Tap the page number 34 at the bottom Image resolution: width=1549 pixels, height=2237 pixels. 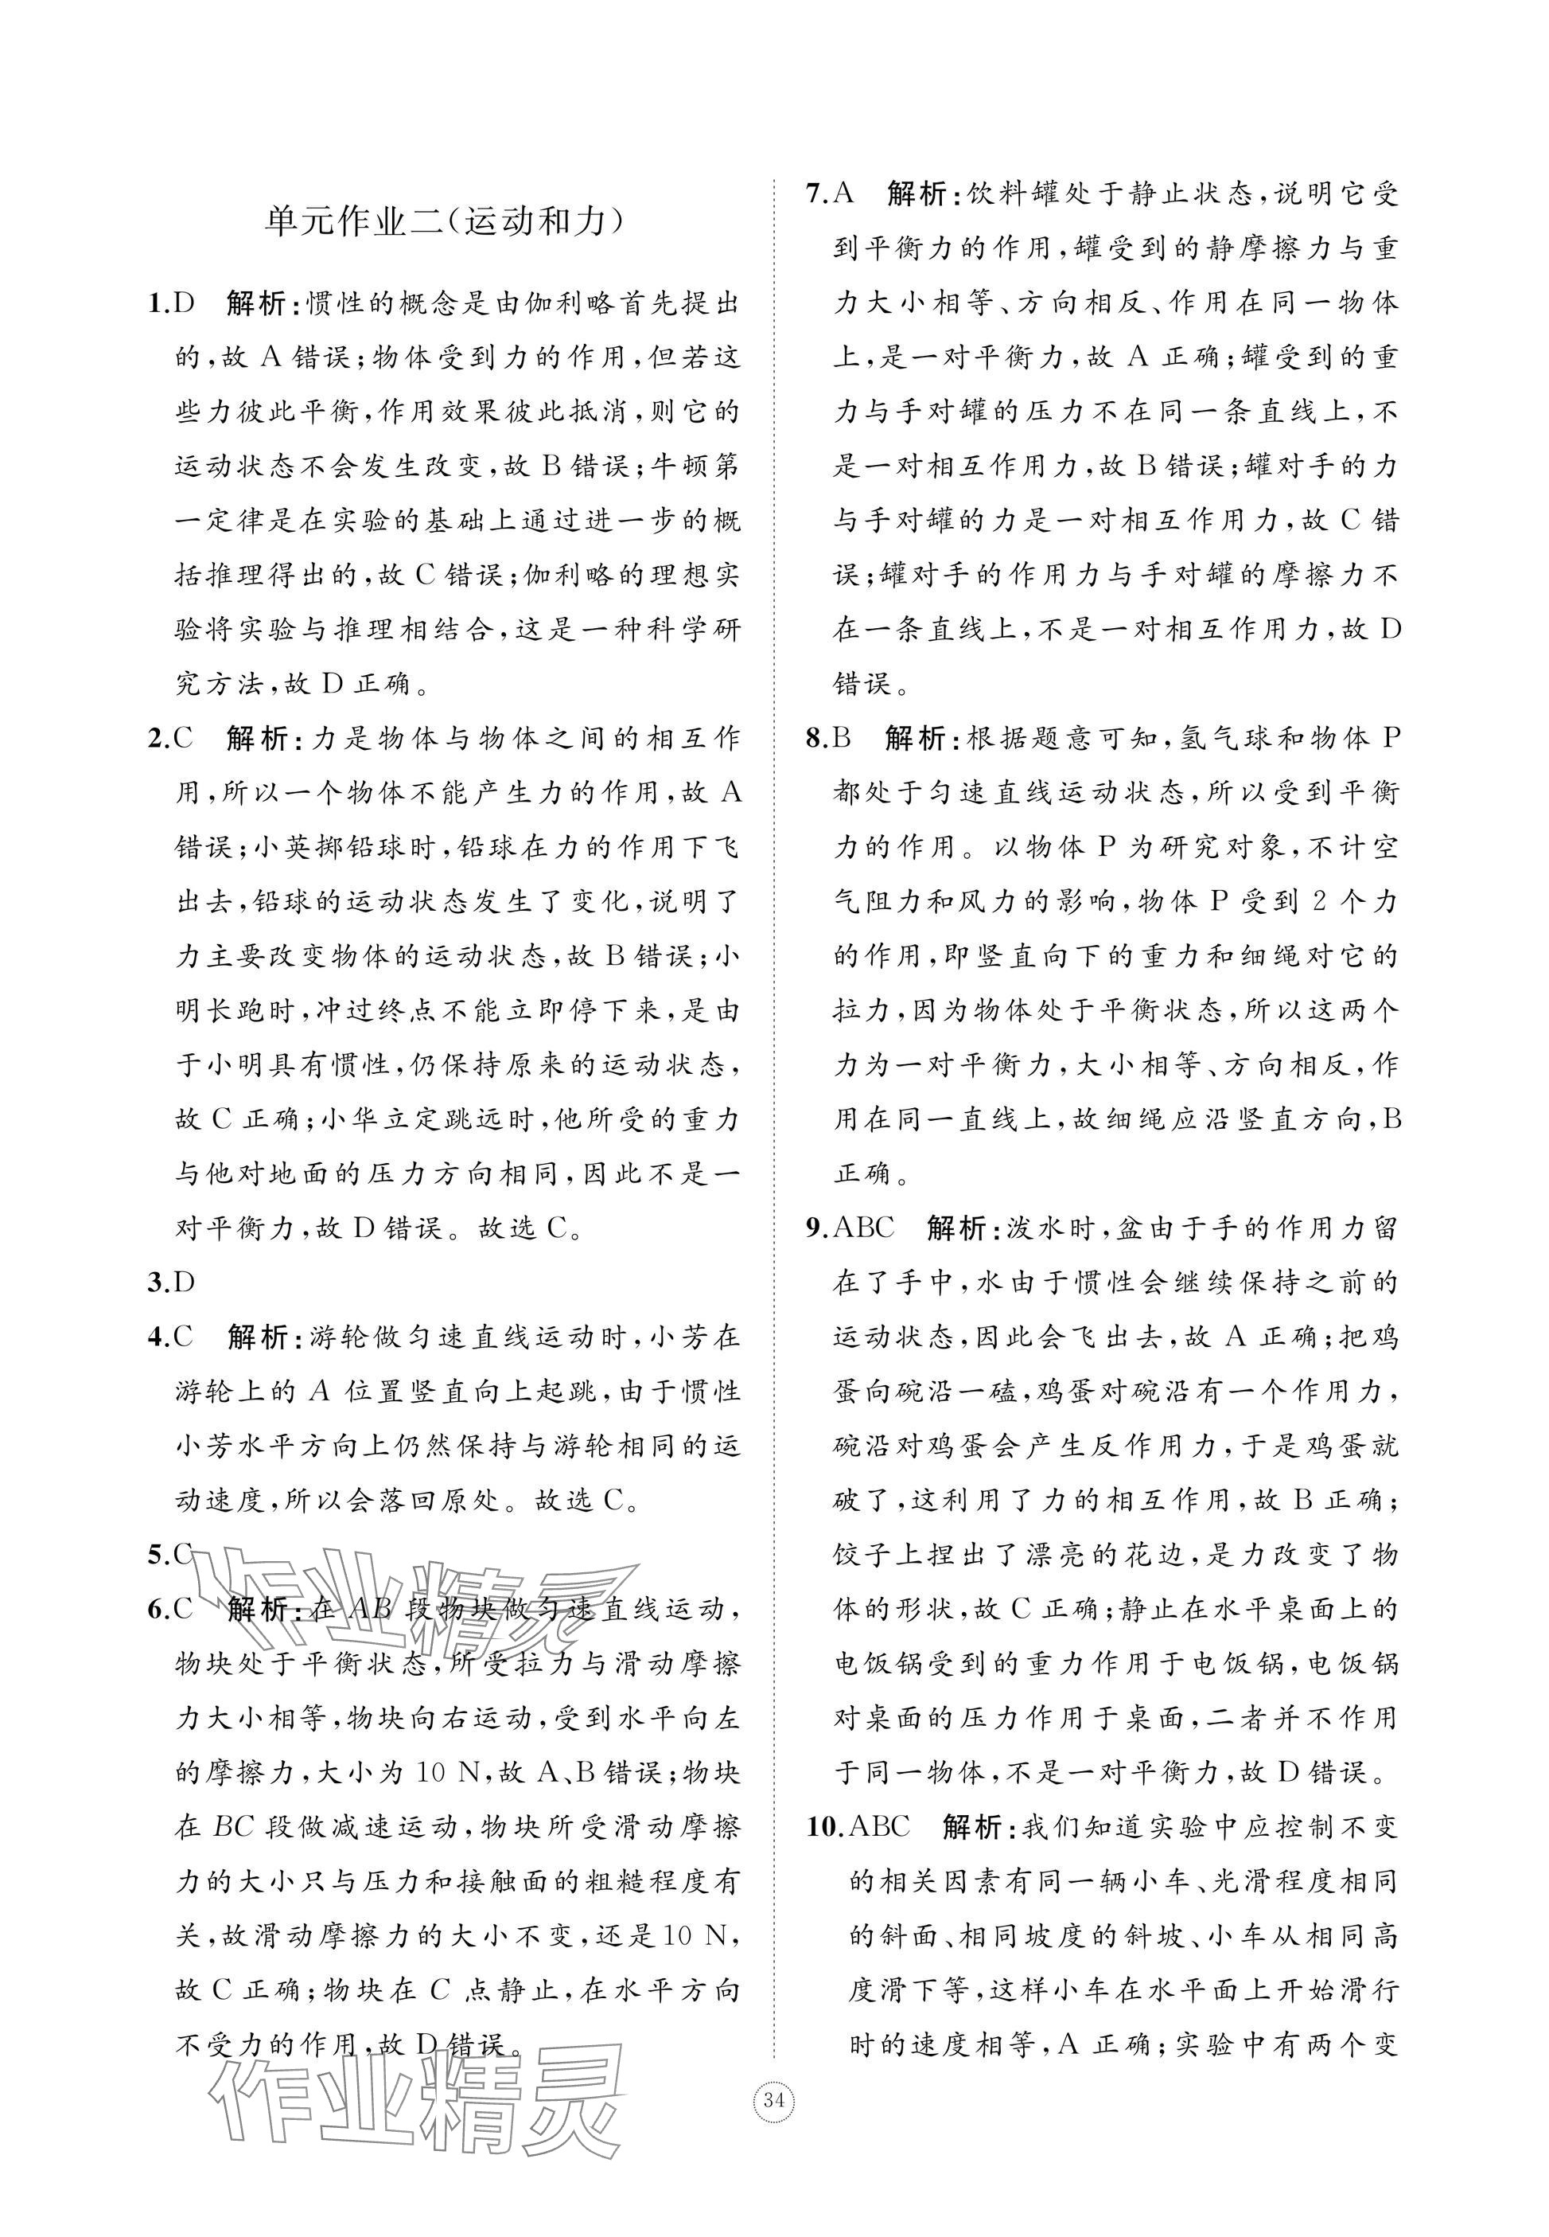(773, 2101)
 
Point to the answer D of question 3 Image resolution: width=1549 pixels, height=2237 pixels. (185, 1282)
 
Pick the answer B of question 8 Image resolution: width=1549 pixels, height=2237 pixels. (842, 739)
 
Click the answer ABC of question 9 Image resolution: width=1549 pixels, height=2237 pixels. (864, 1228)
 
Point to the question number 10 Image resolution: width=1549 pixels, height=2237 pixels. (823, 1827)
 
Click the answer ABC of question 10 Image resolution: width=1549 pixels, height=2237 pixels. (879, 1827)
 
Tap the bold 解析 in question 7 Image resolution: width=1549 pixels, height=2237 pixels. (917, 194)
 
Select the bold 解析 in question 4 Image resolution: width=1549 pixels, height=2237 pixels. (256, 1337)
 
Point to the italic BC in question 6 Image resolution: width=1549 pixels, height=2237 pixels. (233, 1827)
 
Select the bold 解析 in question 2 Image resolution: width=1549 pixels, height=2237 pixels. (256, 739)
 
